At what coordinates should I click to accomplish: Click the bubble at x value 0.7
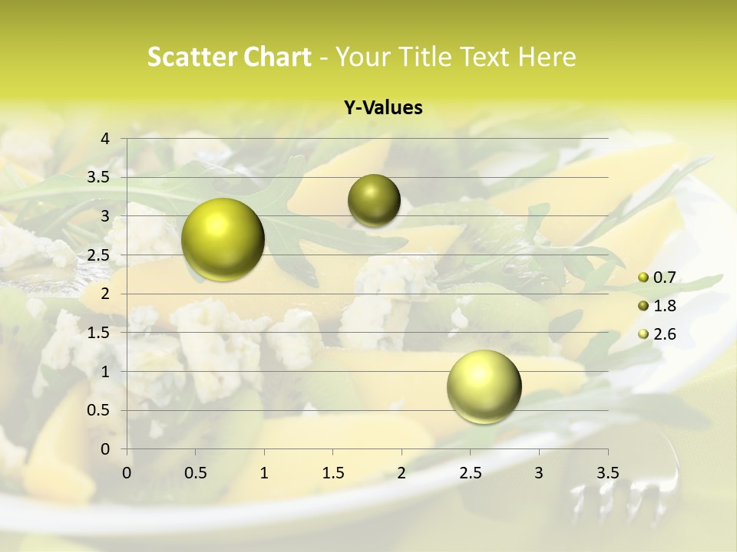pos(223,239)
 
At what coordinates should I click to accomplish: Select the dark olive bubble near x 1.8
pos(374,200)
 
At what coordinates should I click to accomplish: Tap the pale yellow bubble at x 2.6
pos(484,386)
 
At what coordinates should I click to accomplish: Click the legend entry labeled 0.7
pos(663,278)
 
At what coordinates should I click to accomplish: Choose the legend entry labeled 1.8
pos(663,306)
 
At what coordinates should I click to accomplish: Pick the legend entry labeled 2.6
pos(663,334)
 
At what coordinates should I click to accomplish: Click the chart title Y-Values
pos(382,108)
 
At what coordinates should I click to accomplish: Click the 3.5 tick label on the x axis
pos(607,473)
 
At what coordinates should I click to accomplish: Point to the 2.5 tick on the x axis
pos(470,473)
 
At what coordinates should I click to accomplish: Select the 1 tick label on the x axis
pos(264,473)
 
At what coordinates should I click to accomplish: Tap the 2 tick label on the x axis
pos(402,473)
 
